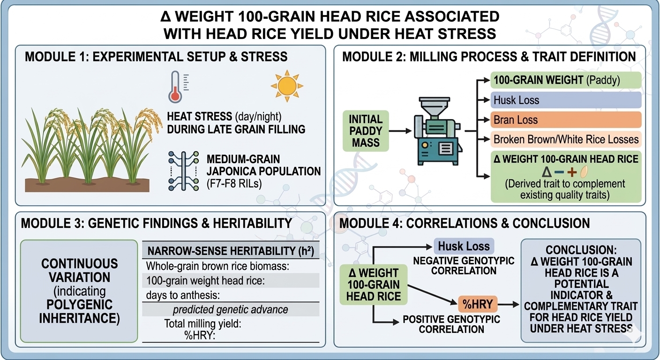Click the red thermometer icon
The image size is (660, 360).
point(175,87)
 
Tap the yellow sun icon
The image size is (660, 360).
point(287,86)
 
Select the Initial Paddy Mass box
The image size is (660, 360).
point(366,131)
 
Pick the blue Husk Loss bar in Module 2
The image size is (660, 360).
point(566,100)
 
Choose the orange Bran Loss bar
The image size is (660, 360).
point(566,120)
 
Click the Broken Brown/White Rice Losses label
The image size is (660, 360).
point(566,139)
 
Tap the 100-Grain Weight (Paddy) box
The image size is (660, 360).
point(566,80)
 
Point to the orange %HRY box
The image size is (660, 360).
point(478,304)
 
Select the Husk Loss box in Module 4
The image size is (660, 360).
point(464,246)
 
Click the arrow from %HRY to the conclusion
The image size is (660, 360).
point(508,304)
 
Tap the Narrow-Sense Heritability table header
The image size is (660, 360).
point(231,251)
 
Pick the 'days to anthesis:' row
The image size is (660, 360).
point(231,295)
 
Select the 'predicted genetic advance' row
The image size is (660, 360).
point(231,310)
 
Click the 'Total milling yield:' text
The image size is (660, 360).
point(202,324)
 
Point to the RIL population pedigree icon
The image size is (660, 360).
point(184,171)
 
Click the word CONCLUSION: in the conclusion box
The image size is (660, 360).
point(581,250)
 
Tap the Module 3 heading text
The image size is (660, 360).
point(157,223)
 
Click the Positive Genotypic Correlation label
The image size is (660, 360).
point(451,324)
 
